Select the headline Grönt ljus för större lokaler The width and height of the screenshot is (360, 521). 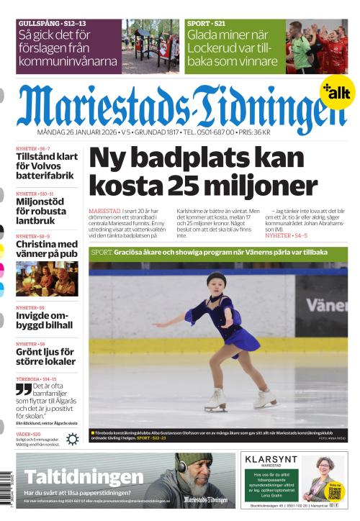pos(45,357)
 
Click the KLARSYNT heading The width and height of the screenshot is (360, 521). pos(271,459)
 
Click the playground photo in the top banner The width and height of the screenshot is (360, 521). pos(150,46)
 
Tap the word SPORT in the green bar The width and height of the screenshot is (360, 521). pos(102,253)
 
